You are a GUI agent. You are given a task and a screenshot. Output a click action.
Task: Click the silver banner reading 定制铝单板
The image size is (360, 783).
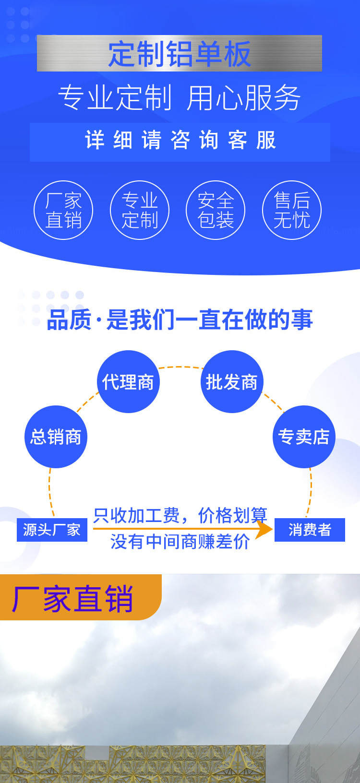click(x=180, y=53)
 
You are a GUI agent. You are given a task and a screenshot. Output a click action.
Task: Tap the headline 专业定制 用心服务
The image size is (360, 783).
click(x=180, y=98)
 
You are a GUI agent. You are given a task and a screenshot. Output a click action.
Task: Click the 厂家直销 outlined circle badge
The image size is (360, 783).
click(x=63, y=210)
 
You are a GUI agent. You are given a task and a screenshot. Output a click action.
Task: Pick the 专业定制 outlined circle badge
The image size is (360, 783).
click(x=140, y=210)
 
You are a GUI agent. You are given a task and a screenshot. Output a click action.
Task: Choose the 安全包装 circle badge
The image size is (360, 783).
click(x=216, y=210)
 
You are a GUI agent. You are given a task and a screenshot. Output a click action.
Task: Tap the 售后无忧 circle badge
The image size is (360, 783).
click(x=292, y=210)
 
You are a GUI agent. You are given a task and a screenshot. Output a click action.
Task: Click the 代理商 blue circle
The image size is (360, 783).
click(x=128, y=382)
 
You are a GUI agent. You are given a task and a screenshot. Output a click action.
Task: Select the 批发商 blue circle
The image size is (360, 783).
click(x=232, y=382)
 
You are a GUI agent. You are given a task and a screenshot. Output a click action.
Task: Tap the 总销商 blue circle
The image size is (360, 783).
click(x=56, y=437)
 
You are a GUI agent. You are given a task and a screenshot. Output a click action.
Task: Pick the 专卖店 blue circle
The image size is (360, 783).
click(x=304, y=437)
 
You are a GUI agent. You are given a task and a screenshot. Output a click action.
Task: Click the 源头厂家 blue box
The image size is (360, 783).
click(x=52, y=530)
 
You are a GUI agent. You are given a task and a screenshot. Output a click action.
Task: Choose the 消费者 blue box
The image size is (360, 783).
click(x=310, y=530)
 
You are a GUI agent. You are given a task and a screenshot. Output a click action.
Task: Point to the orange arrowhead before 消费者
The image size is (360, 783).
click(x=264, y=529)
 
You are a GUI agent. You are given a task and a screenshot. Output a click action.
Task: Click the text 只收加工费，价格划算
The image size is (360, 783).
click(x=180, y=515)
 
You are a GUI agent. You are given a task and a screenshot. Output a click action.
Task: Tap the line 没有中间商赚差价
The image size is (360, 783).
click(x=180, y=542)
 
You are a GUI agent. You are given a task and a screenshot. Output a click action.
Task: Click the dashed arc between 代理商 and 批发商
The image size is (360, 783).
click(x=180, y=367)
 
